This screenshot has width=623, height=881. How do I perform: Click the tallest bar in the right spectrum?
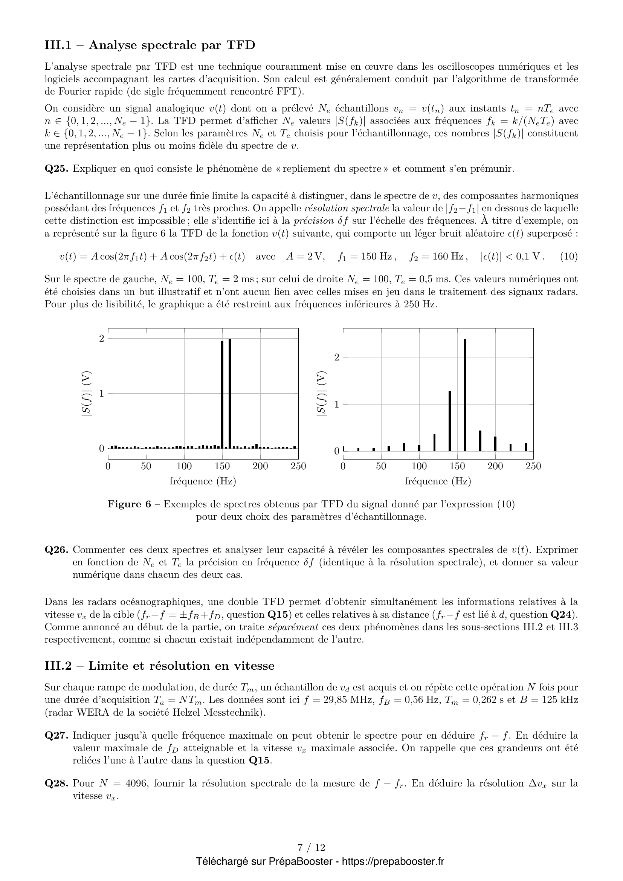pyautogui.click(x=465, y=395)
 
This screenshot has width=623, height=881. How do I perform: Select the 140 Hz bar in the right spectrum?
pyautogui.click(x=450, y=421)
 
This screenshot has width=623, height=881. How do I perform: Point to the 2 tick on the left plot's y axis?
pyautogui.click(x=102, y=339)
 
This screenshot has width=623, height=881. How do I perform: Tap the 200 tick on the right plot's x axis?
pyautogui.click(x=495, y=466)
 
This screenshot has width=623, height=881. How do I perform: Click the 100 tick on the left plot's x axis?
pyautogui.click(x=184, y=466)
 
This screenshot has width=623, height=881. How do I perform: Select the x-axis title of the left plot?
pyautogui.click(x=203, y=481)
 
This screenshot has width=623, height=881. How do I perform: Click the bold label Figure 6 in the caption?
pyautogui.click(x=129, y=504)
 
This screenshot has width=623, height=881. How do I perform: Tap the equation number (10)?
pyautogui.click(x=569, y=257)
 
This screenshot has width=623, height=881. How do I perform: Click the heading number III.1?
pyautogui.click(x=58, y=45)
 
